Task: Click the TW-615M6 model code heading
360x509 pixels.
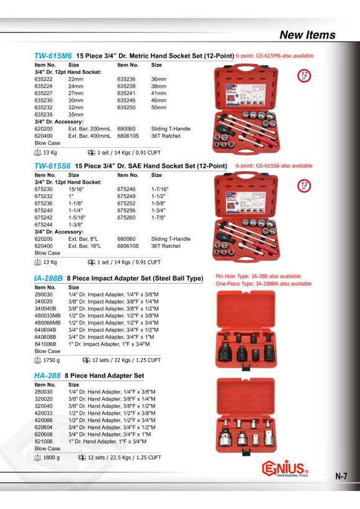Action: (53, 56)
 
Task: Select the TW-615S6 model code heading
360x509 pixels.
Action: (52, 166)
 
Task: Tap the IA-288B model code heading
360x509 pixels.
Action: (48, 278)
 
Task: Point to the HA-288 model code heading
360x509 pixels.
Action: (47, 376)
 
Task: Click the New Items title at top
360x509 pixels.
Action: (307, 35)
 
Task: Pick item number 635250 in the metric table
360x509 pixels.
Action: (126, 107)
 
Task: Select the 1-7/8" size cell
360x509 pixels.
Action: (158, 217)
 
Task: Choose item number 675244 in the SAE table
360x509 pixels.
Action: (43, 225)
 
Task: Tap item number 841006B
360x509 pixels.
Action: (45, 344)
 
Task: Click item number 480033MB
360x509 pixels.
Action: (47, 315)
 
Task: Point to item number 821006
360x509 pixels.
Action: (43, 441)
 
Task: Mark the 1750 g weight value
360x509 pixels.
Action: (52, 360)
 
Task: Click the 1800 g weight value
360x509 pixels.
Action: (52, 457)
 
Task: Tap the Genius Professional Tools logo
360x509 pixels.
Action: (285, 469)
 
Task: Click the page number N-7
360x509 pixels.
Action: (341, 476)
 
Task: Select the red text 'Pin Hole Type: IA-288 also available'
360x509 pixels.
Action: (258, 276)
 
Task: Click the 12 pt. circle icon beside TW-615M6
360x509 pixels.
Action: (304, 76)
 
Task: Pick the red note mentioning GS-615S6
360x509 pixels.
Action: (274, 166)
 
